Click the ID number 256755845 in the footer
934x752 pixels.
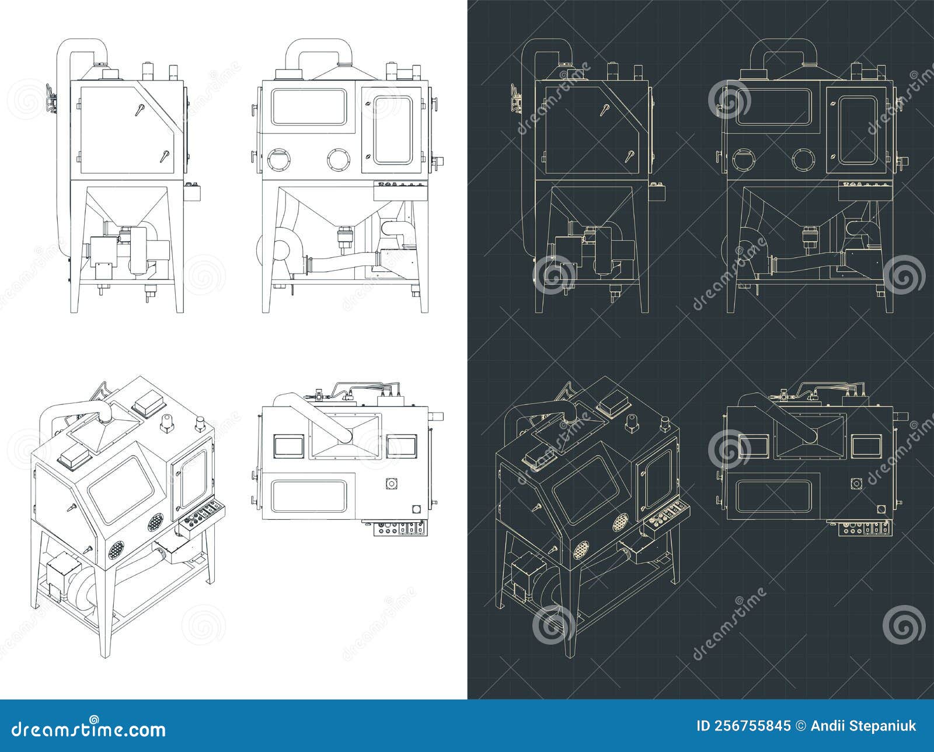(744, 726)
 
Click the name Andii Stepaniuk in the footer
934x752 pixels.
(864, 726)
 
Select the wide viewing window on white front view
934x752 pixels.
(309, 106)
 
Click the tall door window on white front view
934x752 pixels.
(393, 130)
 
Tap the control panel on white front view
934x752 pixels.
(400, 187)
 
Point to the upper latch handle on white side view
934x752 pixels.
(139, 109)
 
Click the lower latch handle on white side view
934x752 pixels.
(164, 156)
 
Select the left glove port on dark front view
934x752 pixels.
(744, 159)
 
